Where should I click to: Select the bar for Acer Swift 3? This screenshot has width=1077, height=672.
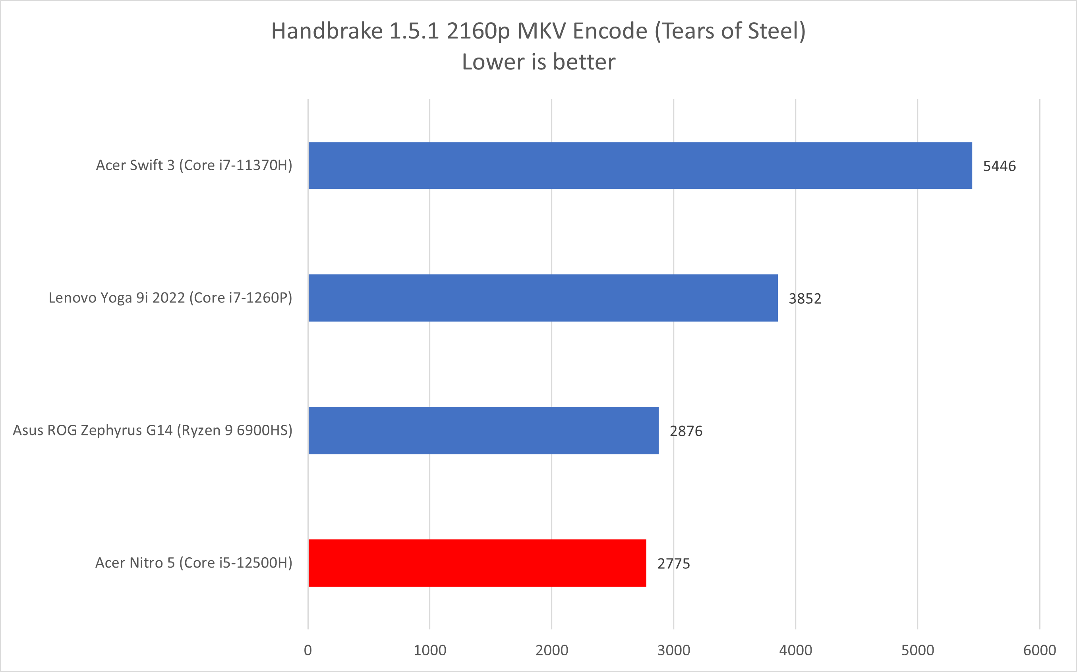pos(640,166)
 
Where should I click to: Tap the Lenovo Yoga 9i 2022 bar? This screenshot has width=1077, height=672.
pos(543,298)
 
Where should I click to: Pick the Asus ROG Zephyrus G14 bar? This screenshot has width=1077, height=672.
pos(483,430)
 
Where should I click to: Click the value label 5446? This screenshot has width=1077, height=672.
pos(999,166)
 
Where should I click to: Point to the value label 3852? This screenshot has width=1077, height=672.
pos(805,298)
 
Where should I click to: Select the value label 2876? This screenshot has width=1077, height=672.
pos(686,431)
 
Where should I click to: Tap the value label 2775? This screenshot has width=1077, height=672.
pos(673,564)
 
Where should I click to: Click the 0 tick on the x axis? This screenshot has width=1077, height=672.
pos(308,650)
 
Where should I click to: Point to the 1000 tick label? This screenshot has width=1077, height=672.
pos(430,650)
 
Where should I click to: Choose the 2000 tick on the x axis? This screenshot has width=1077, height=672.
pos(552,650)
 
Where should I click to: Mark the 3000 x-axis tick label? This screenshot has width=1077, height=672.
pos(673,650)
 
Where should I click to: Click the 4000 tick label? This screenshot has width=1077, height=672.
pos(795,650)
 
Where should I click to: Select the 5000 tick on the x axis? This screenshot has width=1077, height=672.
pos(917,650)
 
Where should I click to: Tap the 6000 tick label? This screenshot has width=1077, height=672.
pos(1039,650)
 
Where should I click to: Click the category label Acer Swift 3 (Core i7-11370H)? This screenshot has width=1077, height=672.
pos(194,166)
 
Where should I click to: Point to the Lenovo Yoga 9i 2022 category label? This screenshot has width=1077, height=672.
pos(170,298)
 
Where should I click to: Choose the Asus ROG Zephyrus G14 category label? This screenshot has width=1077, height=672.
pos(153,430)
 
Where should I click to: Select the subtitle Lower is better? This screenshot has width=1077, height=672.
pos(538,62)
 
